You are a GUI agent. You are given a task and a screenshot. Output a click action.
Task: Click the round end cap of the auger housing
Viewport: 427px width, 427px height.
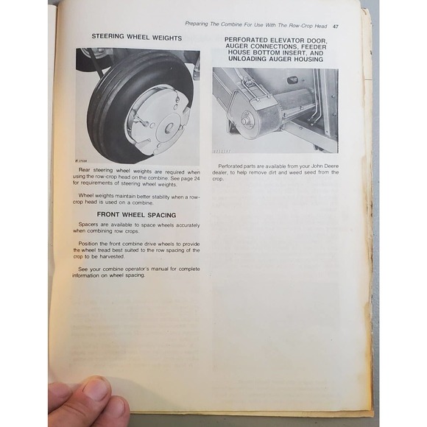tap(249, 117)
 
